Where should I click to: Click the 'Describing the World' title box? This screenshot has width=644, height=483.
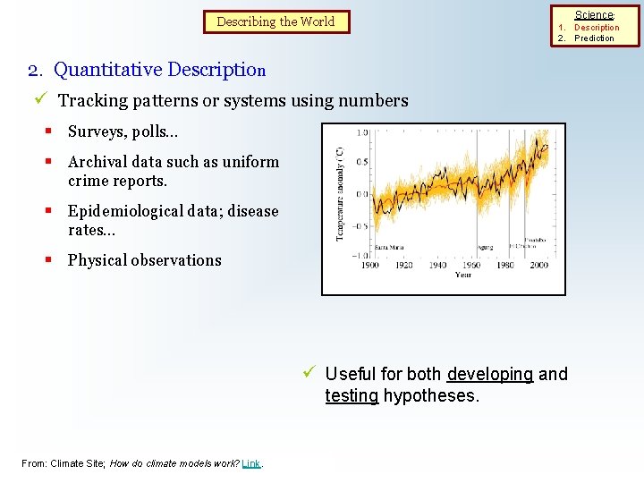tap(275, 21)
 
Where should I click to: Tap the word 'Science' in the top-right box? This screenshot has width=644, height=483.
tap(593, 15)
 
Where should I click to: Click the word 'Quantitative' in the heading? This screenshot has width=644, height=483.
tap(108, 70)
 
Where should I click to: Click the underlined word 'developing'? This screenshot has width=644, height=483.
tap(489, 374)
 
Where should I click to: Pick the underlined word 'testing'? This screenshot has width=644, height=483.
tap(352, 395)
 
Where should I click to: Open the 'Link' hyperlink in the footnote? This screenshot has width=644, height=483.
tap(251, 463)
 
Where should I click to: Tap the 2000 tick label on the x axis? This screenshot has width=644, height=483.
tap(539, 265)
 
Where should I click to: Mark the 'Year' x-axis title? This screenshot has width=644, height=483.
tap(462, 275)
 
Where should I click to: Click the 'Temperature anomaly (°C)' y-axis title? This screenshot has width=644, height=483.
tap(340, 194)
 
